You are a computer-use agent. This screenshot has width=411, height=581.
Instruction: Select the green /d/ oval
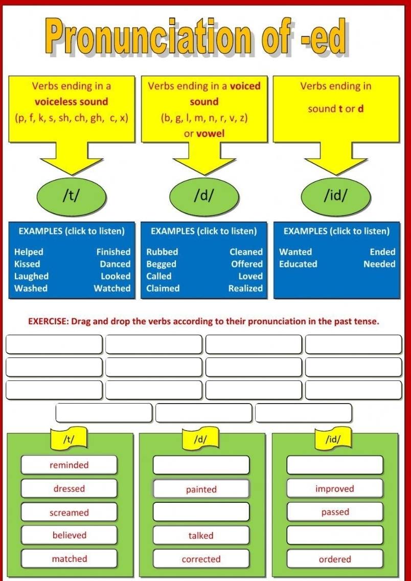click(204, 196)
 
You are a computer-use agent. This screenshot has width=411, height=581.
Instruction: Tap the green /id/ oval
click(335, 196)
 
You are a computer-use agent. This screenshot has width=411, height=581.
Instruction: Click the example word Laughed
click(32, 276)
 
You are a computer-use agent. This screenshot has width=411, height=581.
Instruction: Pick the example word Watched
click(112, 288)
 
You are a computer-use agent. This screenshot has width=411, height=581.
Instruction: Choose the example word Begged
click(161, 264)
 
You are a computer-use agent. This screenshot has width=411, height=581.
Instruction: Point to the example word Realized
click(245, 288)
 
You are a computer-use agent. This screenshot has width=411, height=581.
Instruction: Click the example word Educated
click(298, 264)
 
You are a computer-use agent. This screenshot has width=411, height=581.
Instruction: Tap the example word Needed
click(379, 264)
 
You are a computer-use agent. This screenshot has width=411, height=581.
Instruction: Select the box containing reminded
click(69, 465)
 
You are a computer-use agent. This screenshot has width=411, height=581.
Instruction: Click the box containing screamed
click(69, 512)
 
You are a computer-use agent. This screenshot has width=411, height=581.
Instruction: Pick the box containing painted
click(201, 489)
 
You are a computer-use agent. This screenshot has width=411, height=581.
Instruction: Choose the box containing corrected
click(201, 559)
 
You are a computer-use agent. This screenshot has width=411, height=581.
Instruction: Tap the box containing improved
click(335, 488)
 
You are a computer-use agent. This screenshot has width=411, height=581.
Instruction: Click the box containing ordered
click(335, 559)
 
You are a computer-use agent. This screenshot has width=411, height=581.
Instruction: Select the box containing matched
click(69, 558)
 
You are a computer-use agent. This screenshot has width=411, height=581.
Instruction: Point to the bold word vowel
click(211, 133)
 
